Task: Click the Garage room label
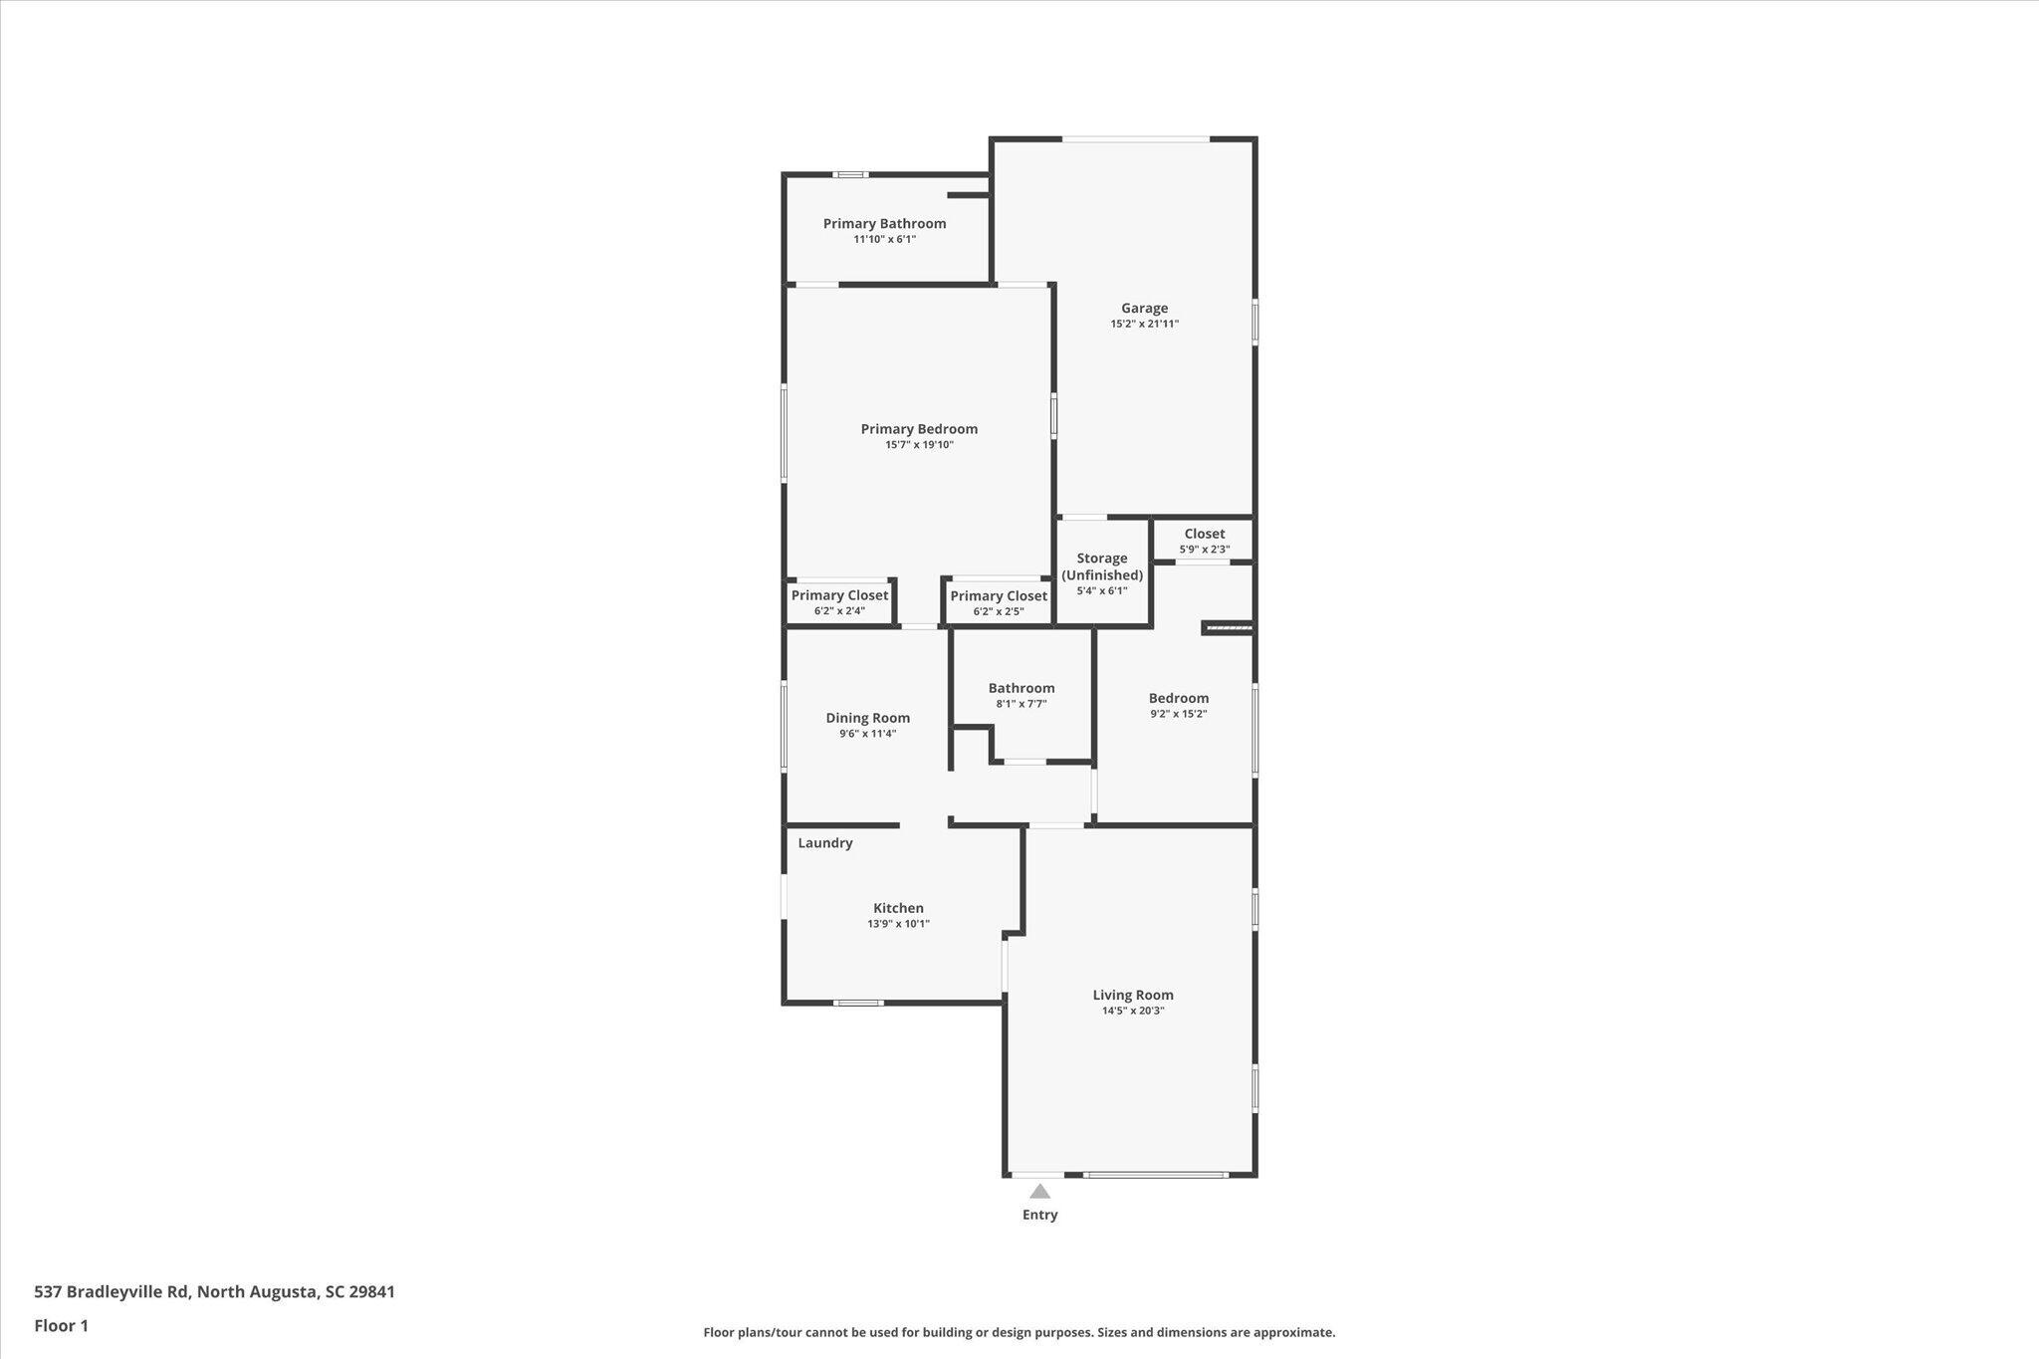(1144, 309)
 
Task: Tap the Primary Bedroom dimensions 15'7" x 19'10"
(919, 445)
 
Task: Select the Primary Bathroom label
(884, 224)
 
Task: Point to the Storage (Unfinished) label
(1102, 566)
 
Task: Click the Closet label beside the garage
(1205, 534)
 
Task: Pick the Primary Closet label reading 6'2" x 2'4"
(839, 595)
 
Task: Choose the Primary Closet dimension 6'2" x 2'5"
(999, 611)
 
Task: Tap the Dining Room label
(867, 718)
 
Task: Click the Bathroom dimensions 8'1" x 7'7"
(1021, 704)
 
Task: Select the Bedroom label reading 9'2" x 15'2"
(1179, 699)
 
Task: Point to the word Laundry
(825, 843)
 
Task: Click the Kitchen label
(898, 908)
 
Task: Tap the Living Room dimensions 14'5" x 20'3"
(1133, 1011)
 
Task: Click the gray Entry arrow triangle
(1039, 1192)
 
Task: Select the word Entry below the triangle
(1039, 1215)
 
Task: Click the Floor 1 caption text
(61, 1326)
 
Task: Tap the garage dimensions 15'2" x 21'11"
(1145, 324)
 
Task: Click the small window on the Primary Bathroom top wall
(850, 175)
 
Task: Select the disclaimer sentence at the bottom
(1019, 1332)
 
